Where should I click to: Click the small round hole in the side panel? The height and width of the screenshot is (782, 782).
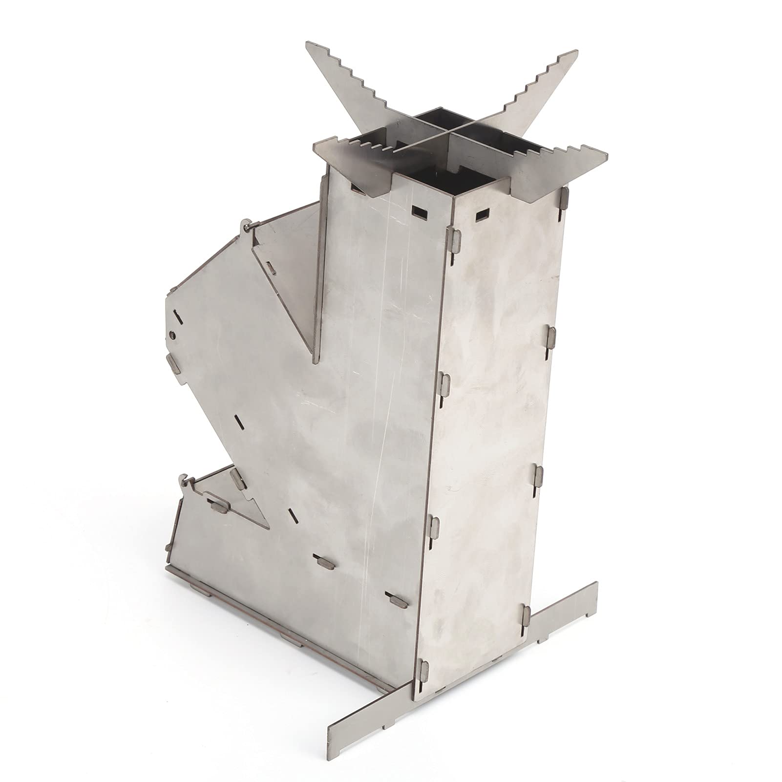coord(173,334)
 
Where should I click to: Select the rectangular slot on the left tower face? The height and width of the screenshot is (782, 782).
coord(419,211)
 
